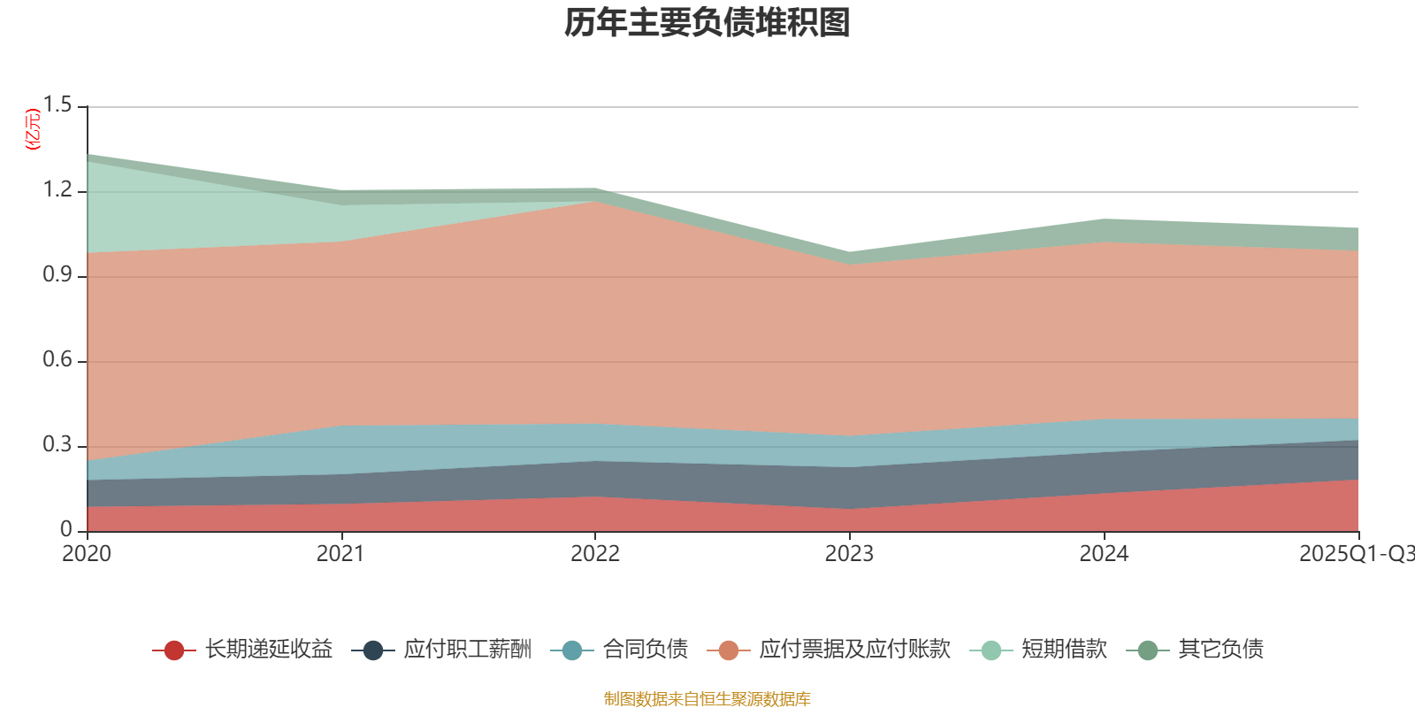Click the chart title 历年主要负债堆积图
coord(707,24)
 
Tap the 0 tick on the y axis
coord(66,529)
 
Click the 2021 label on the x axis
coord(340,554)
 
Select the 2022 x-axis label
coord(595,554)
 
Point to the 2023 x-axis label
coord(849,554)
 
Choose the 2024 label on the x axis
coord(1104,554)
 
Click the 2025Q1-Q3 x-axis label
coord(1356,554)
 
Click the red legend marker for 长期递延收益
coord(173,650)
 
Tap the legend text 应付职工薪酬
coord(468,650)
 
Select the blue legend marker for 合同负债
coord(571,650)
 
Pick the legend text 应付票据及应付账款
coord(854,650)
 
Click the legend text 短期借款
coord(1064,650)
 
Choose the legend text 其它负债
coord(1220,650)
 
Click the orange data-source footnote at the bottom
coord(707,699)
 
